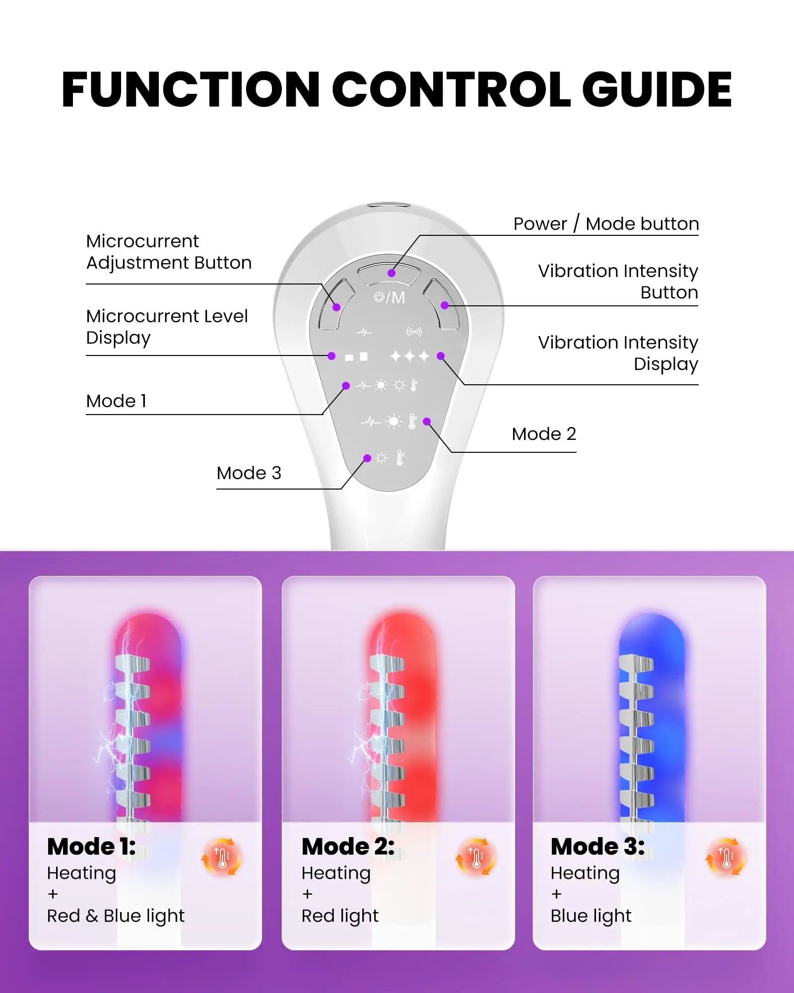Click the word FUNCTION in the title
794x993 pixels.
(x=191, y=89)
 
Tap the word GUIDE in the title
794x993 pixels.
(x=657, y=89)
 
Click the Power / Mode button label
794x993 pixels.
(x=606, y=224)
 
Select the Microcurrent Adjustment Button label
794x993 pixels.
(x=169, y=252)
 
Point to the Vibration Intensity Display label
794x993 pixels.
(x=618, y=353)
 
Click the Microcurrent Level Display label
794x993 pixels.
(x=167, y=327)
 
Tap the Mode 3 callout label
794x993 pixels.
(x=249, y=473)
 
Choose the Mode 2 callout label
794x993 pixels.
(x=544, y=434)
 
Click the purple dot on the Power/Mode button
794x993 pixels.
(x=392, y=273)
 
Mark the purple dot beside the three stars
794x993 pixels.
(x=441, y=356)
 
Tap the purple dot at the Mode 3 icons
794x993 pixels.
(x=367, y=458)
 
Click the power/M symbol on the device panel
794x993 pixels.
(x=389, y=297)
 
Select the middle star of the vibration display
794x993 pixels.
(x=409, y=356)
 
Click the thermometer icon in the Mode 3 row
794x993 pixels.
(x=400, y=458)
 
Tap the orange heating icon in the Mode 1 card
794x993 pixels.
(x=221, y=857)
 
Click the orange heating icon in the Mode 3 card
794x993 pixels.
(x=726, y=857)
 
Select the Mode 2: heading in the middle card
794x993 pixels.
(x=348, y=847)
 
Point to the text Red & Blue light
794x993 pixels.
(x=116, y=916)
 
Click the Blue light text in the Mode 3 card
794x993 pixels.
(x=591, y=916)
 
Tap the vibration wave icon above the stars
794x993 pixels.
(x=414, y=332)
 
